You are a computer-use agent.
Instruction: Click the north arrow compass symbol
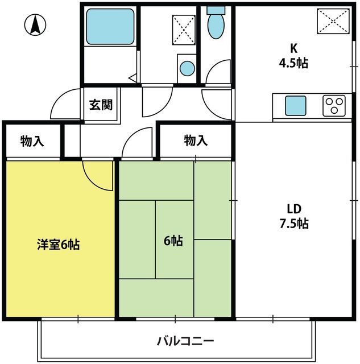click(35, 25)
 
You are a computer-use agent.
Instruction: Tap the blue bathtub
click(110, 27)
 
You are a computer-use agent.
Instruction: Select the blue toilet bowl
click(216, 26)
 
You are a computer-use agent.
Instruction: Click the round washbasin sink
click(187, 68)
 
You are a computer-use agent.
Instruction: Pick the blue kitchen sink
click(296, 106)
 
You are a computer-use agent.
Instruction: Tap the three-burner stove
click(334, 106)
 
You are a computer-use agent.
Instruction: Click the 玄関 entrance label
click(101, 105)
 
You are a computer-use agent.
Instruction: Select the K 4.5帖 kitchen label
click(293, 56)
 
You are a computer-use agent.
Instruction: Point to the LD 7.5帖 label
click(294, 216)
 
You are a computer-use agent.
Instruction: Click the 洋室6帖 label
click(58, 245)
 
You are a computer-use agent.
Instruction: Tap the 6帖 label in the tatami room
click(173, 241)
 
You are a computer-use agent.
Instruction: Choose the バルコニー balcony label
click(185, 341)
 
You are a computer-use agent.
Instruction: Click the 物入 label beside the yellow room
click(32, 141)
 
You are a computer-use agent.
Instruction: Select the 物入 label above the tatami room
click(196, 140)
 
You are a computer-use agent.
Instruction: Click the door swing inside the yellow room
click(98, 176)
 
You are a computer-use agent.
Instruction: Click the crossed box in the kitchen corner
click(333, 22)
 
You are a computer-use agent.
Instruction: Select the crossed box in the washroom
click(184, 30)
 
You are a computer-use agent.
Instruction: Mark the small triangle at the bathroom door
click(133, 77)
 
